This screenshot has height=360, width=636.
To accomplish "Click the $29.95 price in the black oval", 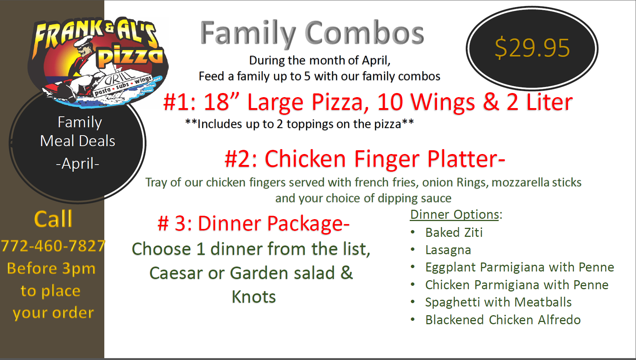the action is pyautogui.click(x=532, y=48).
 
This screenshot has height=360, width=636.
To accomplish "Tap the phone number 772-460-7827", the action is pyautogui.click(x=53, y=246).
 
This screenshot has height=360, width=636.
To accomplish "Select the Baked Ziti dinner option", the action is pyautogui.click(x=454, y=232).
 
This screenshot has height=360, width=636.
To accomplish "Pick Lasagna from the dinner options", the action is pyautogui.click(x=448, y=250).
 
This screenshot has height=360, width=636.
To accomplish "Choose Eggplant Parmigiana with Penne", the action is pyautogui.click(x=520, y=267).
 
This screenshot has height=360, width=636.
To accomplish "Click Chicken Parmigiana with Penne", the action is pyautogui.click(x=517, y=285).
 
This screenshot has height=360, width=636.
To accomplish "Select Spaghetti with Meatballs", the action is pyautogui.click(x=498, y=302).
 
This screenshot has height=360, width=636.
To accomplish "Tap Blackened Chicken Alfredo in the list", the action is pyautogui.click(x=503, y=320).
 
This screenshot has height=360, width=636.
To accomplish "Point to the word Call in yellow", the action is pyautogui.click(x=53, y=219).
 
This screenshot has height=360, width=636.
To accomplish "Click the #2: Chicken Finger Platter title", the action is pyautogui.click(x=365, y=159).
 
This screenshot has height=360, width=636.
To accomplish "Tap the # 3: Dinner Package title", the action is pyautogui.click(x=253, y=224).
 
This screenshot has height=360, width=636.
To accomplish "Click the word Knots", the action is pyautogui.click(x=253, y=297).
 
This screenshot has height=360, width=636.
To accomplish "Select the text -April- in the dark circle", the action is pyautogui.click(x=78, y=163).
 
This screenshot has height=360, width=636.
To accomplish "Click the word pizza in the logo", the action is pyautogui.click(x=130, y=56).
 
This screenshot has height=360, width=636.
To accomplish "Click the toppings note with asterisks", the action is pyautogui.click(x=299, y=124).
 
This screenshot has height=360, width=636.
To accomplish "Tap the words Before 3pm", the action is pyautogui.click(x=51, y=268).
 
